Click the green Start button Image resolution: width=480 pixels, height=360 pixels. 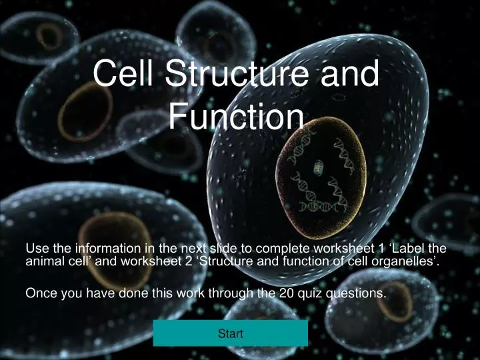pos(230,333)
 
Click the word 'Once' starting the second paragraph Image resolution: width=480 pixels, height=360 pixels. pos(39,293)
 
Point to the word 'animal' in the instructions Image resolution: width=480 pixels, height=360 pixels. pos(45,261)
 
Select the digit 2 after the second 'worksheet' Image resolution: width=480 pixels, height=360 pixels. pos(191,261)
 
